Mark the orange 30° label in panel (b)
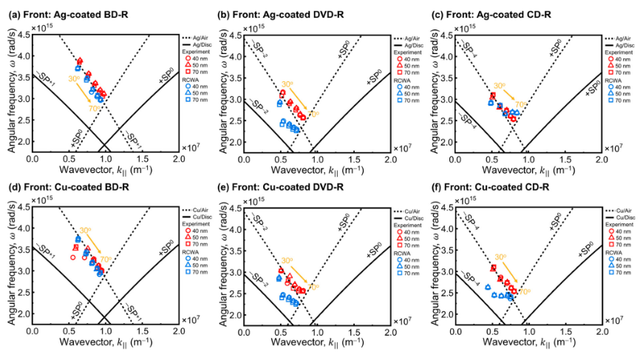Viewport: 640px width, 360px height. click(x=287, y=84)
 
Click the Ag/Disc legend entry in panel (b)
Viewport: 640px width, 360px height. click(x=409, y=44)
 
